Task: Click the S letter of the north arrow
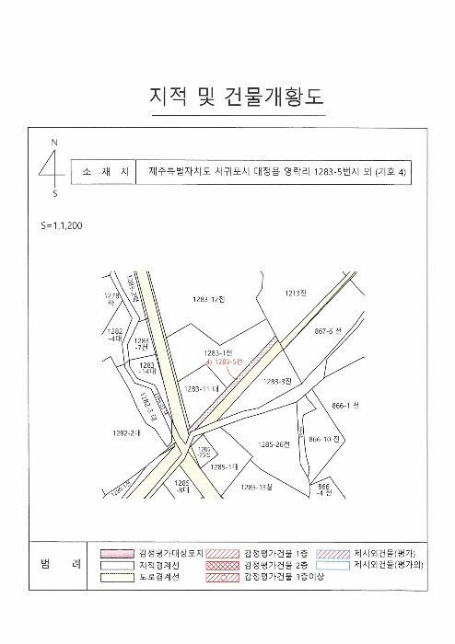54,194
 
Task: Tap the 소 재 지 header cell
101,171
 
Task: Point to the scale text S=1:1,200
62,224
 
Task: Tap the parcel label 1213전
295,293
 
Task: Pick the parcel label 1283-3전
276,381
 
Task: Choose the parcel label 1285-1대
224,467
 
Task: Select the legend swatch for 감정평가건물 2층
223,564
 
